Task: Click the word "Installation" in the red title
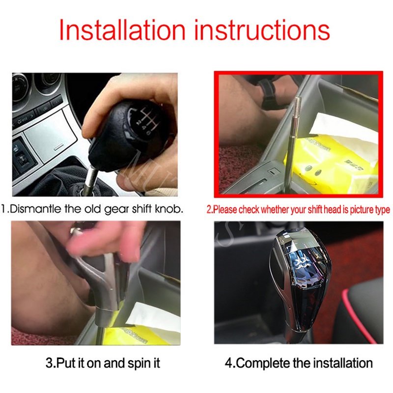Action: click(122, 30)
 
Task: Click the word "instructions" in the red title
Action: click(262, 30)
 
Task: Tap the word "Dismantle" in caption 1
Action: click(36, 208)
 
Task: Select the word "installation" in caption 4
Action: click(343, 363)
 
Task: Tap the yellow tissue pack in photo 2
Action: click(331, 161)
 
